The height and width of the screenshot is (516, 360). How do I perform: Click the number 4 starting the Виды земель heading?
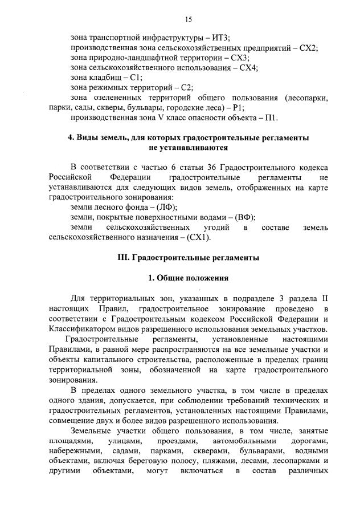(70, 138)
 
